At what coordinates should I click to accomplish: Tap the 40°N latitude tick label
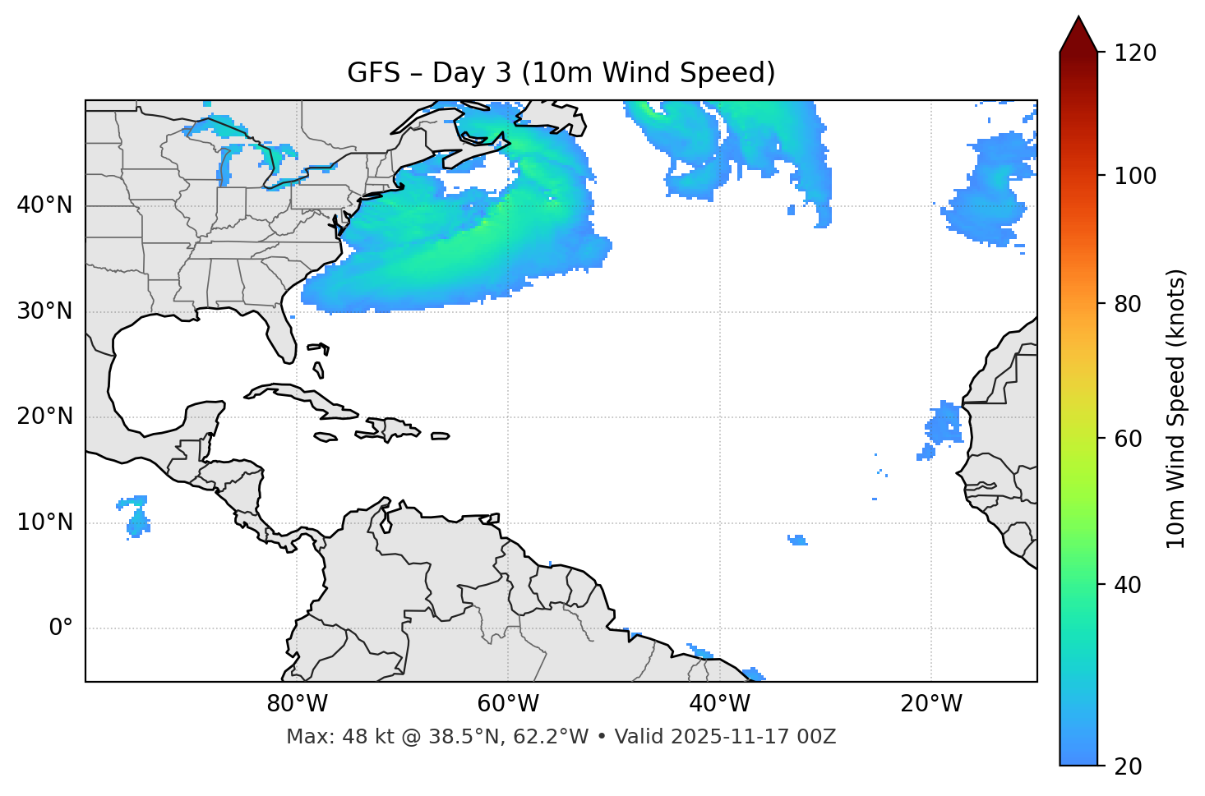click(x=44, y=205)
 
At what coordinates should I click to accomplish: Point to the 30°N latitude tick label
click(x=44, y=311)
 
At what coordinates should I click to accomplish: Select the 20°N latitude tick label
click(x=44, y=416)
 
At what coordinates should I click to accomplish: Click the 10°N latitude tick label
click(x=44, y=522)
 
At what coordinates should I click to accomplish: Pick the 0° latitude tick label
click(x=61, y=628)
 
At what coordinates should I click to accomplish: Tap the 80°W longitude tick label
click(x=297, y=704)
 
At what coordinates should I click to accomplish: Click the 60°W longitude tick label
click(x=508, y=704)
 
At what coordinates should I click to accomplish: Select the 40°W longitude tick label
click(x=719, y=704)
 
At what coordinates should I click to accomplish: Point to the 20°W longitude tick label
click(x=930, y=704)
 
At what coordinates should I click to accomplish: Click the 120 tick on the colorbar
click(x=1135, y=53)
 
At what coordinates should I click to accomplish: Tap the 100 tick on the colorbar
click(x=1135, y=176)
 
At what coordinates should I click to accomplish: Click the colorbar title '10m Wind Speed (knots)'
click(x=1176, y=408)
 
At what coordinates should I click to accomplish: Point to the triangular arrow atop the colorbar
click(x=1078, y=35)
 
